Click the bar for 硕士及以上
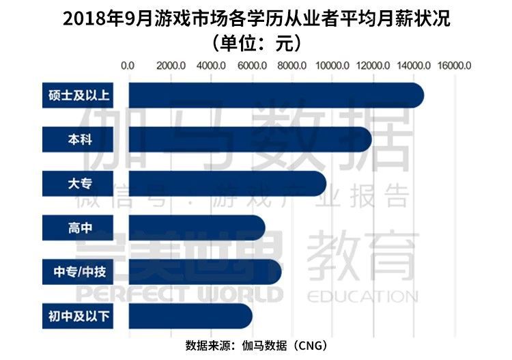click(x=273, y=95)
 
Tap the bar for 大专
click(x=225, y=184)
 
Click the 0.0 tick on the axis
click(x=128, y=66)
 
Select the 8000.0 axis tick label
click(x=292, y=66)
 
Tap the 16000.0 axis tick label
click(x=455, y=66)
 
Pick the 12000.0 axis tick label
click(x=373, y=66)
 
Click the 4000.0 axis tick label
click(x=210, y=66)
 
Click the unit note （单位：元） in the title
click(x=256, y=43)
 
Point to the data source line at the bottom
click(x=256, y=346)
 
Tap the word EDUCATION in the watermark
click(x=362, y=296)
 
